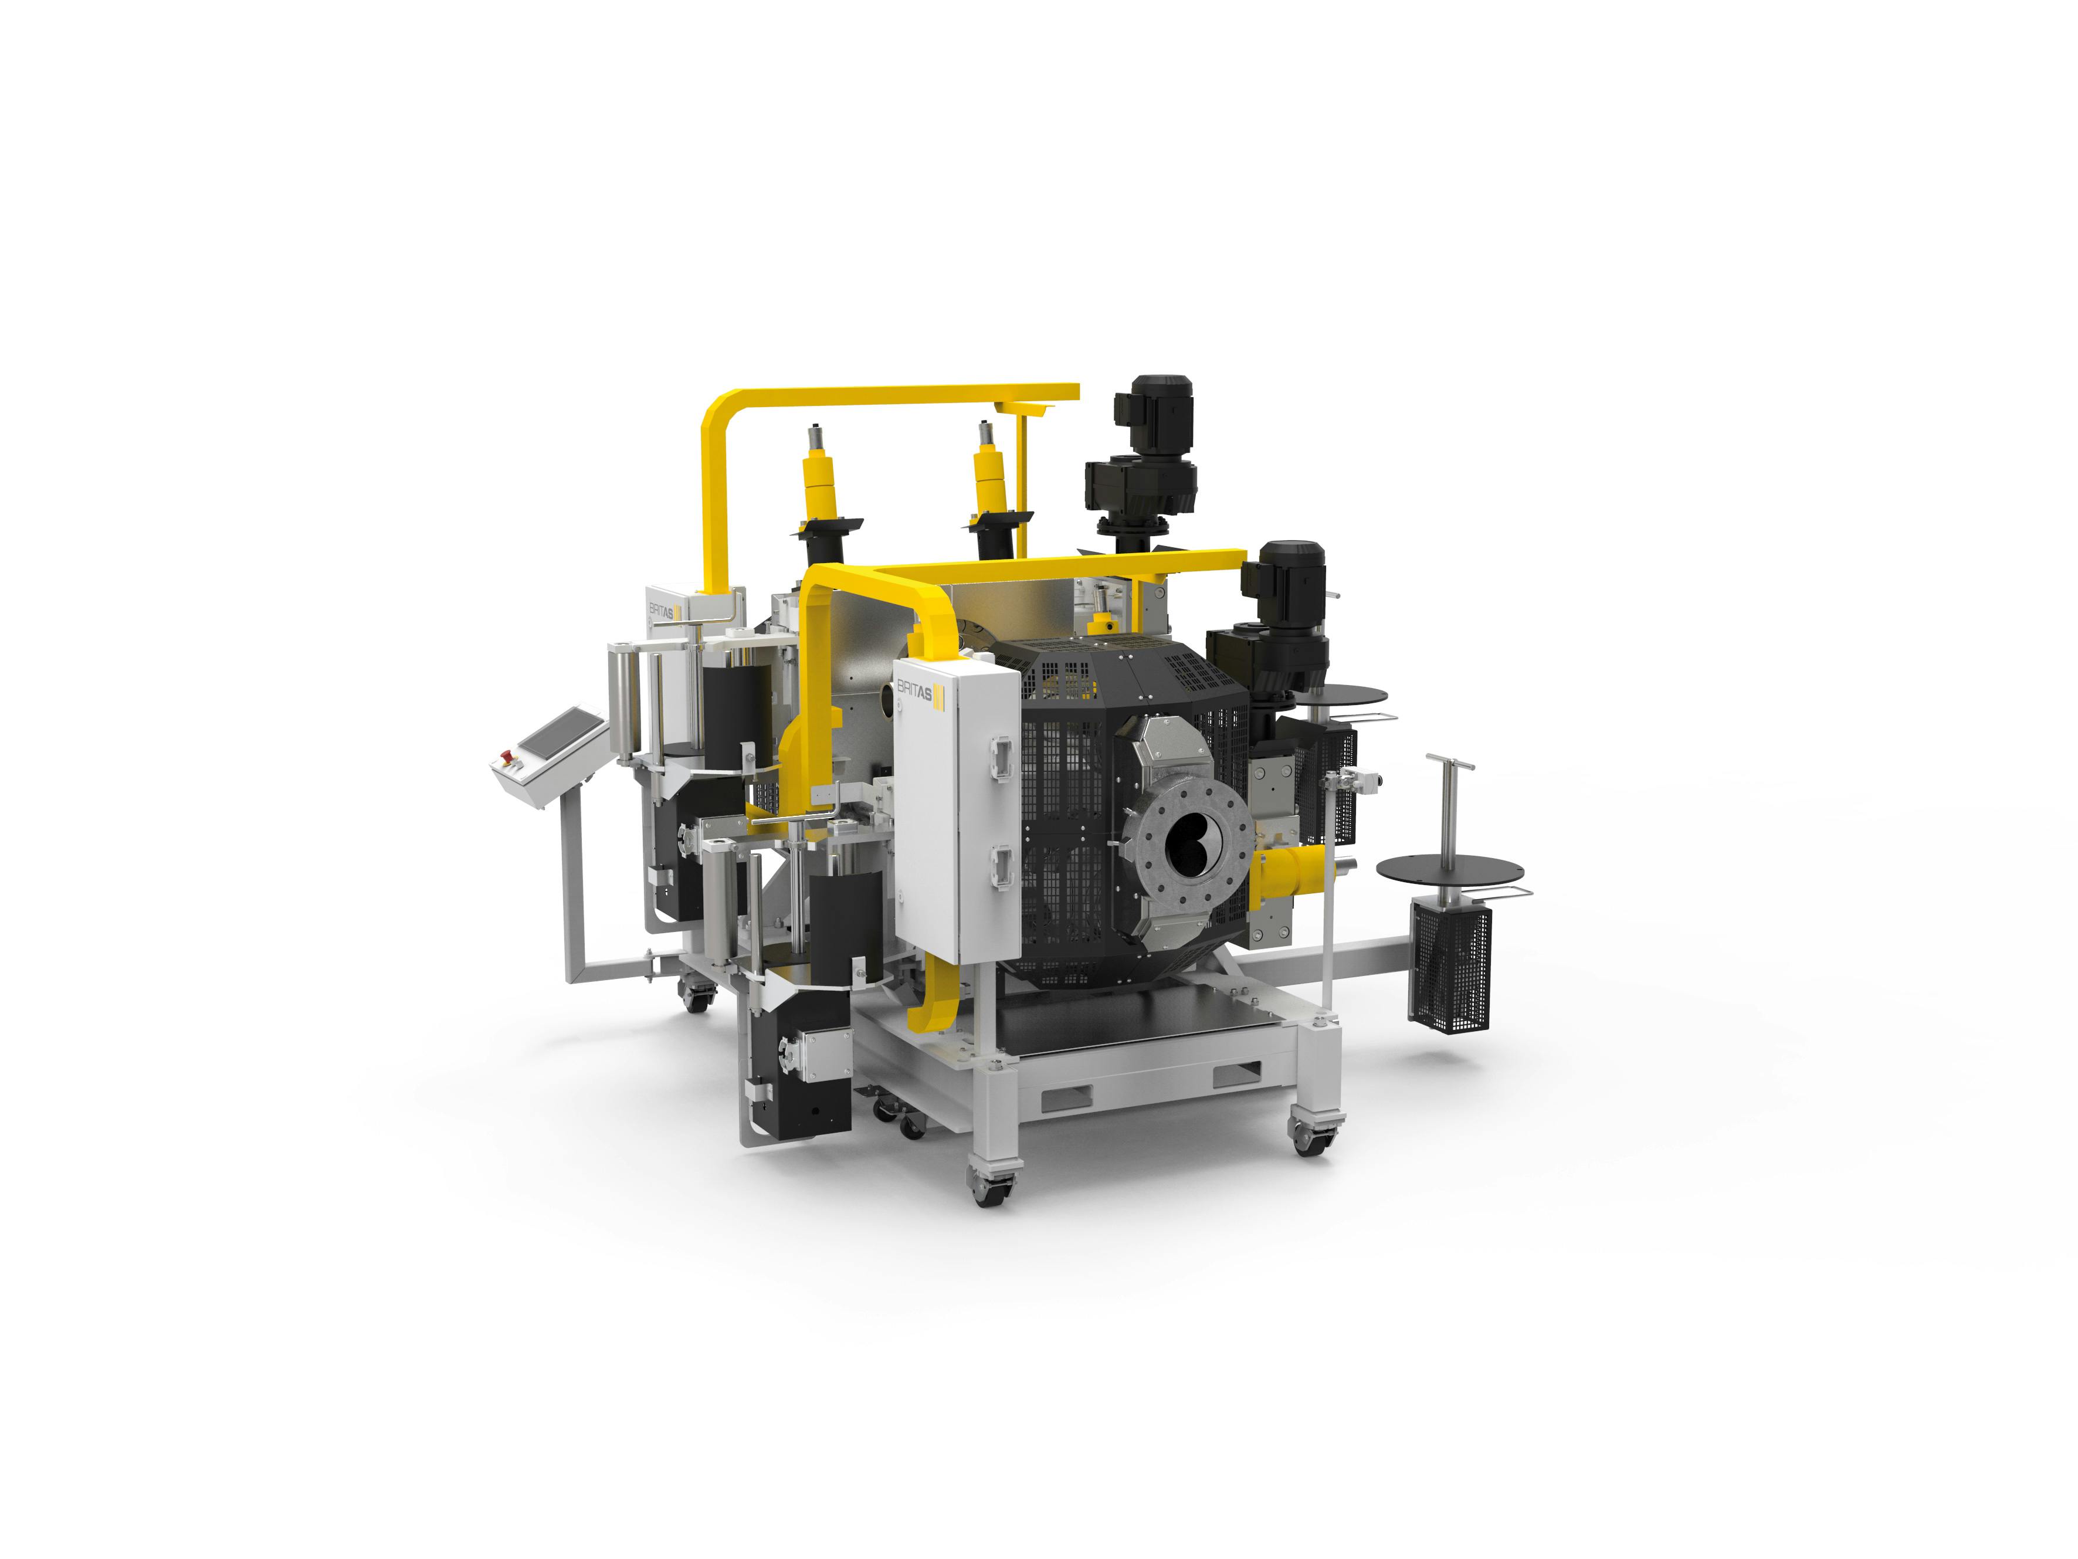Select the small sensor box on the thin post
pos(1355,778)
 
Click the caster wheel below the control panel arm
pos(695,998)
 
